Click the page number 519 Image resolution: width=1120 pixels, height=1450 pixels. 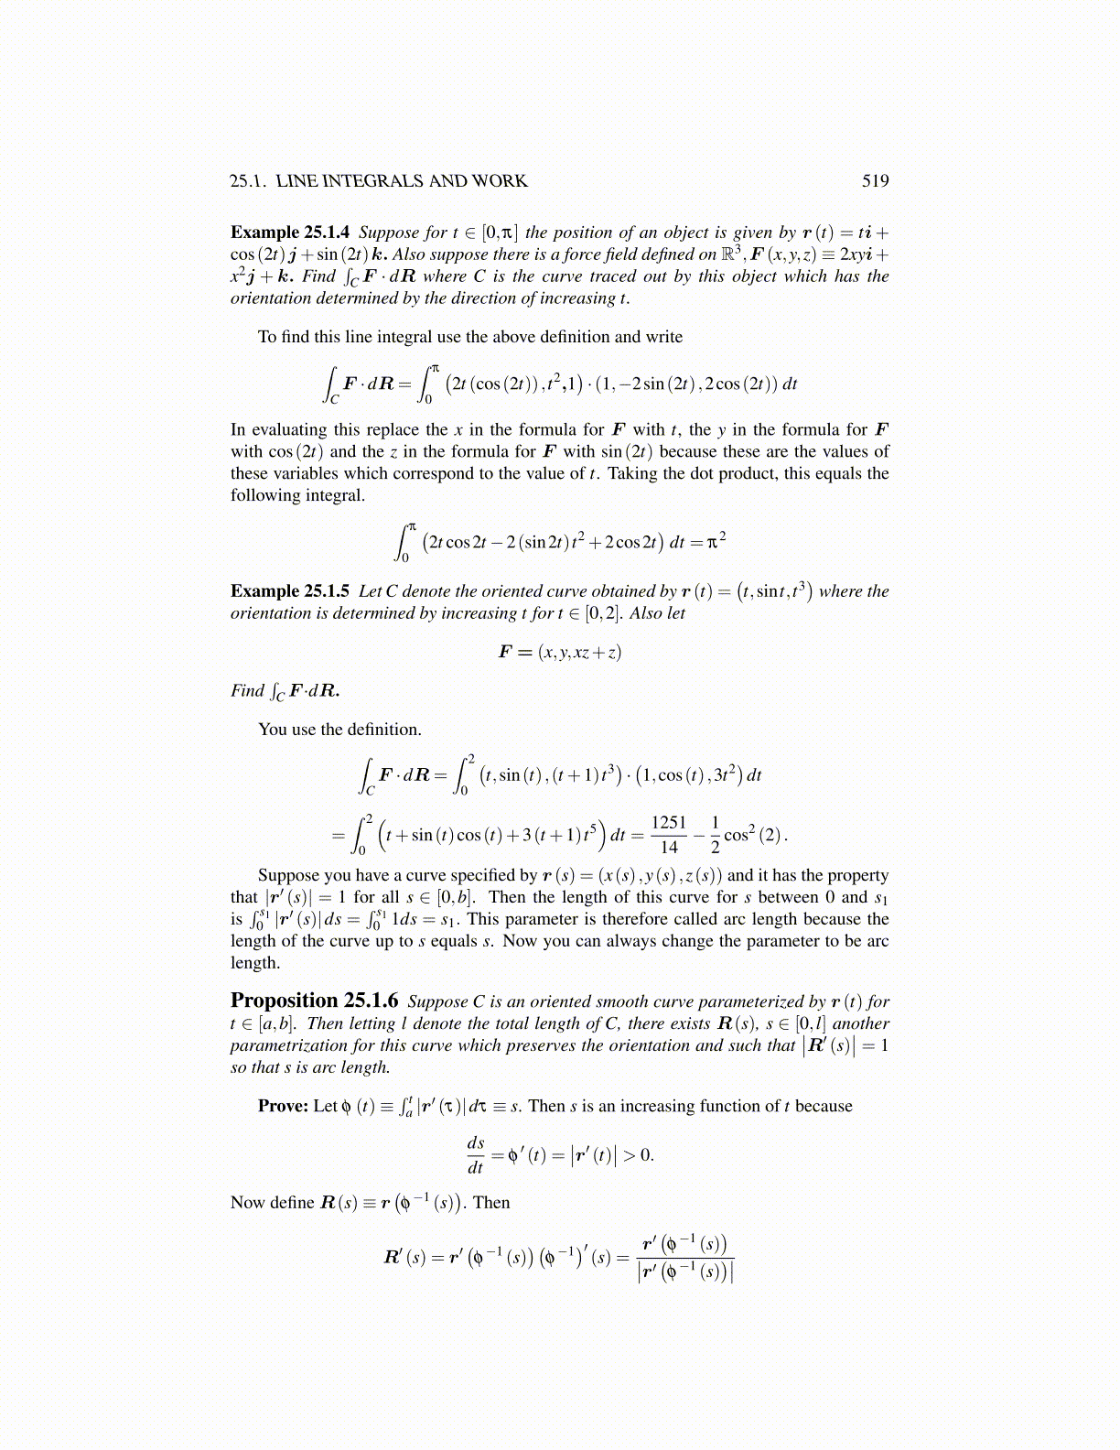875,181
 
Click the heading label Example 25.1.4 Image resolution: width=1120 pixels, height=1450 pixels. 289,233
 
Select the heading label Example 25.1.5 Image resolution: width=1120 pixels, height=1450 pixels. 289,591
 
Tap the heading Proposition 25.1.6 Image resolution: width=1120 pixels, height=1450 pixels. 314,1001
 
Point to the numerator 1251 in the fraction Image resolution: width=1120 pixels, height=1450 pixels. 669,822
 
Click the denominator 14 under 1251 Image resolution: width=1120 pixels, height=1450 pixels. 669,848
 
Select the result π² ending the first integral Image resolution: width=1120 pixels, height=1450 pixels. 716,541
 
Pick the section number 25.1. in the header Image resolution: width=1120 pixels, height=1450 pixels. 248,181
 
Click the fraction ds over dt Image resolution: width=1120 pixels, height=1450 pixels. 476,1154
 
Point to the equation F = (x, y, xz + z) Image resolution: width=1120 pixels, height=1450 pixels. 559,652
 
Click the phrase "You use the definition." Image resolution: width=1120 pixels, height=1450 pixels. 339,730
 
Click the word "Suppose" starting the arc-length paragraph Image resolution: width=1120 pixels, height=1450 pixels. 290,875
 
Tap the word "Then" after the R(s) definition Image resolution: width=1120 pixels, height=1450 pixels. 491,1203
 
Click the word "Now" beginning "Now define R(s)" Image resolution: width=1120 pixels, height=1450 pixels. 247,1203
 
